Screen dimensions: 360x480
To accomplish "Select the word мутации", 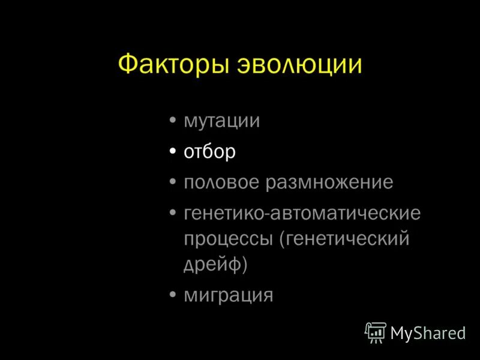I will pyautogui.click(x=221, y=121).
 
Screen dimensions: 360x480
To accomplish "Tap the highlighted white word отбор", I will pyautogui.click(x=209, y=152).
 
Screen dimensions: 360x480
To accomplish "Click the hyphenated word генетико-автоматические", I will pyautogui.click(x=302, y=213).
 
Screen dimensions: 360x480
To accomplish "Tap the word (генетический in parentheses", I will pyautogui.click(x=343, y=239).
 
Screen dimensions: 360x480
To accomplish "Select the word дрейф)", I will pyautogui.click(x=215, y=264).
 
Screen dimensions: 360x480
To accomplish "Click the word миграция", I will pyautogui.click(x=228, y=295).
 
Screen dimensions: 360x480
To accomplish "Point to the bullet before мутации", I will pyautogui.click(x=173, y=121).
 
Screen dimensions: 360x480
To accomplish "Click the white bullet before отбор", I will pyautogui.click(x=173, y=152).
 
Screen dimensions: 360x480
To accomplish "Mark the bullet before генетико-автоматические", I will pyautogui.click(x=173, y=213).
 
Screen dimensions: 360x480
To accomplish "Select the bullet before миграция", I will pyautogui.click(x=173, y=295).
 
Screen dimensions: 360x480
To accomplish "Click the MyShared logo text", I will pyautogui.click(x=428, y=332).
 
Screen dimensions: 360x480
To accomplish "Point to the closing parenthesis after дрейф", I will pyautogui.click(x=244, y=264).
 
